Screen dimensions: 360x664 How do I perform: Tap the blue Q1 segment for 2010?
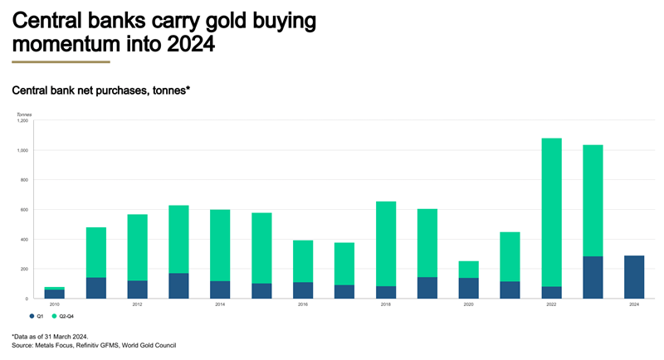pos(55,294)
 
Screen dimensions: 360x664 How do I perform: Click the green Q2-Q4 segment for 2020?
pos(468,270)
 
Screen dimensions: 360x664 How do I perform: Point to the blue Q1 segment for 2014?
pos(220,289)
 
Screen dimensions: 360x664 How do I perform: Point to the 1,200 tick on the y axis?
pos(22,121)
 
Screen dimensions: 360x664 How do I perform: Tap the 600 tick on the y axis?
pos(24,210)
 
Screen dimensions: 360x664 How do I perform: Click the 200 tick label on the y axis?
pos(24,269)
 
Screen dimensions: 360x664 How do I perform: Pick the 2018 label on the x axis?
pos(386,304)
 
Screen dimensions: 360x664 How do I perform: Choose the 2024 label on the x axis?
pos(633,304)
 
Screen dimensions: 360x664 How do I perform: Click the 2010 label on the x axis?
pos(55,304)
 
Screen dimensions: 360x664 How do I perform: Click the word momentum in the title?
pos(61,44)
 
